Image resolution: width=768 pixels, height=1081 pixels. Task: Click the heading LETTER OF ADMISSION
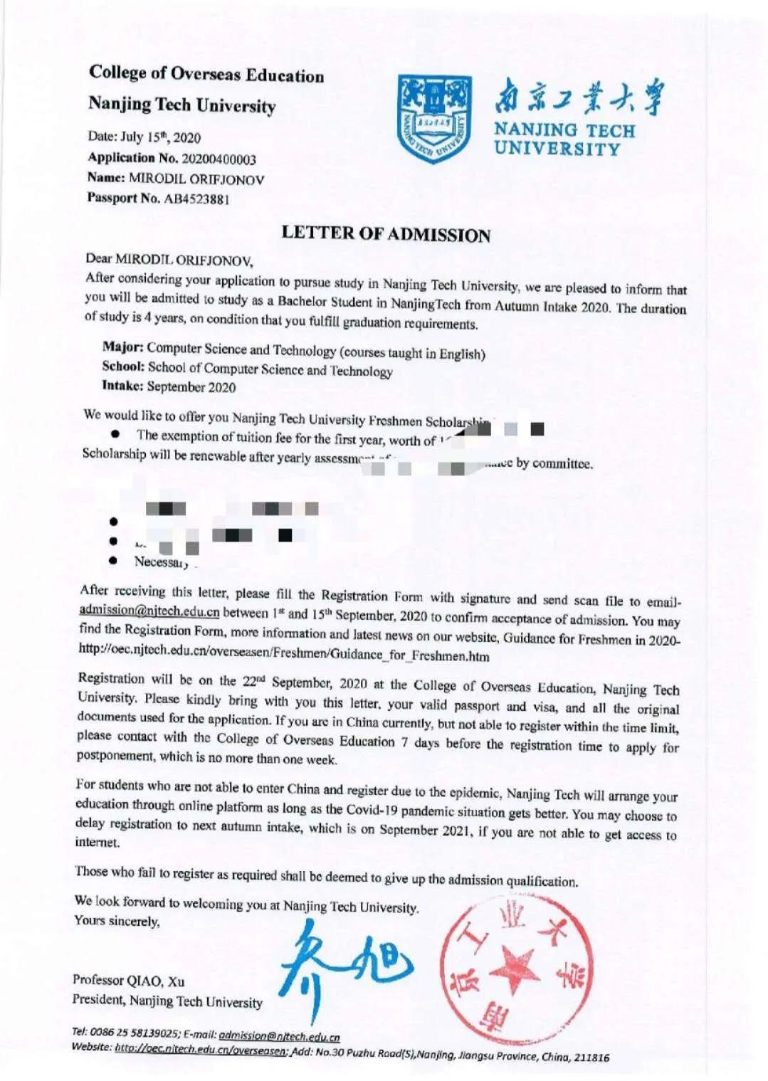[x=386, y=234]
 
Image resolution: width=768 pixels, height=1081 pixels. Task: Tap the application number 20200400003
[x=219, y=159]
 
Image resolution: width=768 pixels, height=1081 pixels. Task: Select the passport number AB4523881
[x=196, y=199]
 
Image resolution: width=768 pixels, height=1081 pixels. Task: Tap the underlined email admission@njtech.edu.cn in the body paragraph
[x=149, y=611]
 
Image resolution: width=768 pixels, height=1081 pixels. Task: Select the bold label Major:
[x=123, y=347]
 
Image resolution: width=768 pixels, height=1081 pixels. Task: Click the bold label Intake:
[x=122, y=386]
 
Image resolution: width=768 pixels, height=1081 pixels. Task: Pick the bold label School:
[x=123, y=367]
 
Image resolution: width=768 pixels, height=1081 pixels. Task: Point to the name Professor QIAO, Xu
[x=128, y=981]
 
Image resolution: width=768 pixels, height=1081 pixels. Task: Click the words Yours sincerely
[x=117, y=921]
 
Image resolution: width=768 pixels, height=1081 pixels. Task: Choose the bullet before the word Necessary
[x=113, y=560]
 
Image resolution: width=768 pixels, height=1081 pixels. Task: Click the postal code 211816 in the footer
[x=591, y=1057]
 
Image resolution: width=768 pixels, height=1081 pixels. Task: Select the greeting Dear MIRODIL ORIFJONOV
[x=169, y=259]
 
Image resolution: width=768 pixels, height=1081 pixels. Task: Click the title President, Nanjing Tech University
[x=167, y=1001]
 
